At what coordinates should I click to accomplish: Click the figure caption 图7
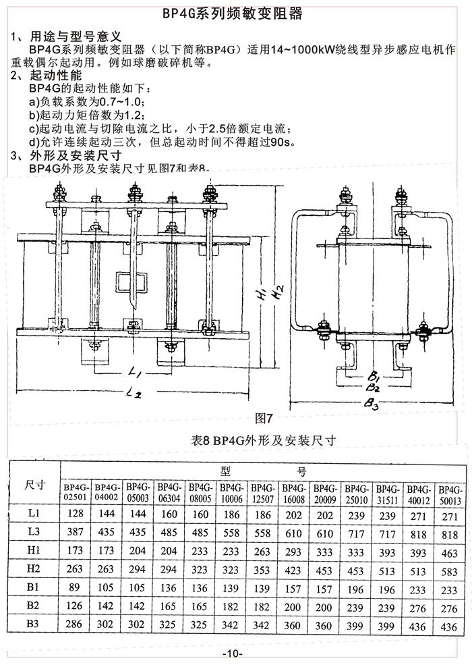pos(264,416)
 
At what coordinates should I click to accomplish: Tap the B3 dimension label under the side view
pos(372,404)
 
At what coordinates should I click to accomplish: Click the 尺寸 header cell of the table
pos(34,485)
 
